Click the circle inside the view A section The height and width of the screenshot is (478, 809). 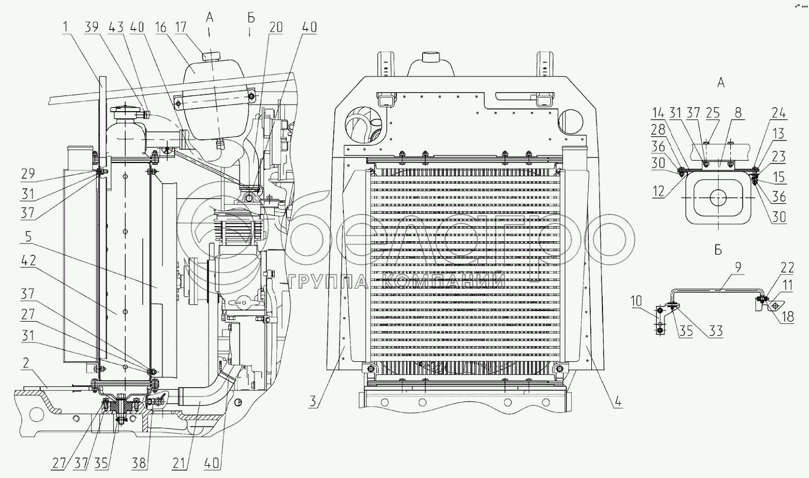[x=719, y=197]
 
